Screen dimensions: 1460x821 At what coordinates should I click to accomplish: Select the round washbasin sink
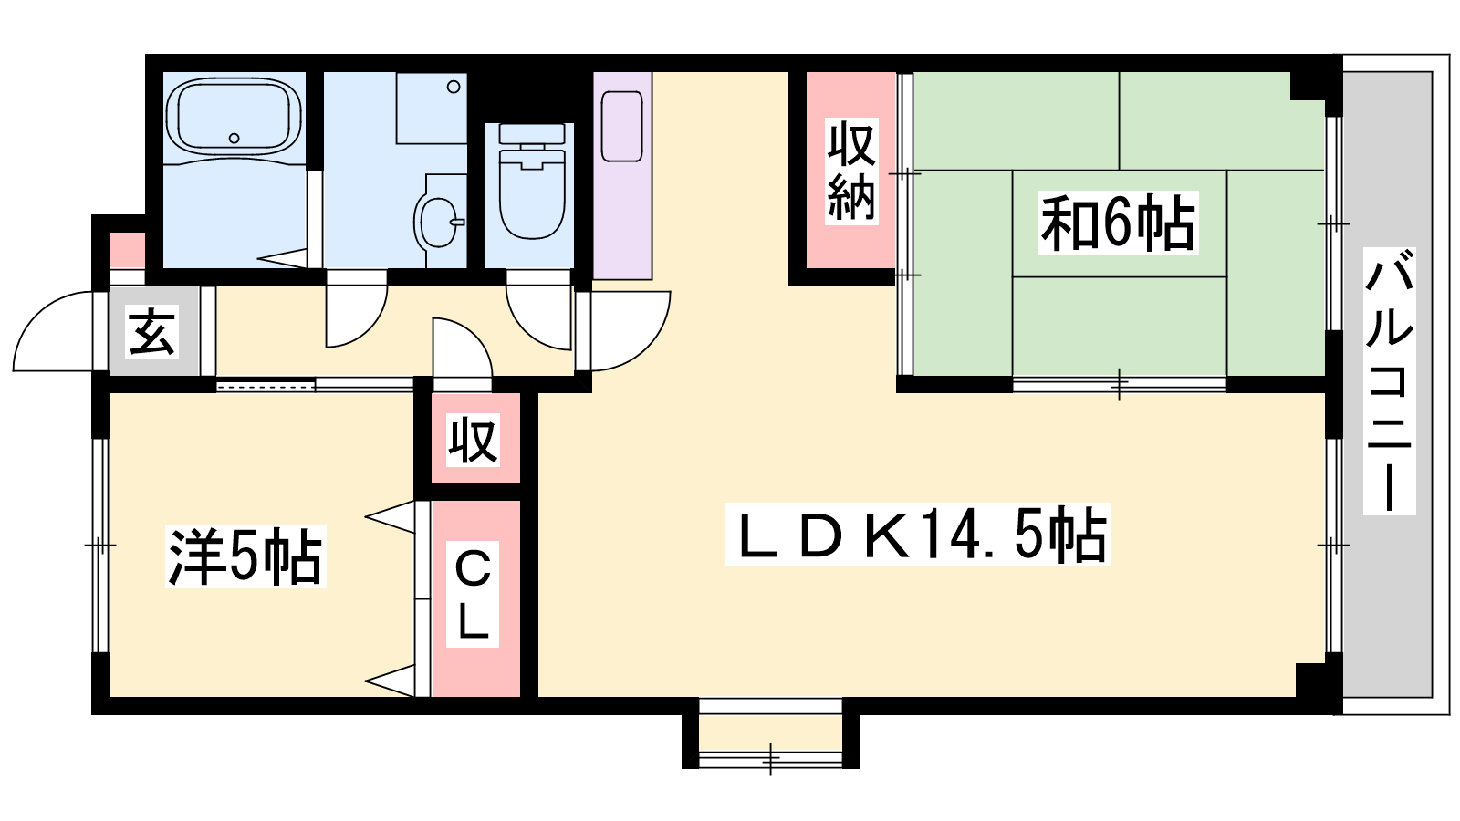438,222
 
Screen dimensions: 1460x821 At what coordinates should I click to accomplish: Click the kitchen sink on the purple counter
621,127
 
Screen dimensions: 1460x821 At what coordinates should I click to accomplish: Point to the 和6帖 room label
1118,223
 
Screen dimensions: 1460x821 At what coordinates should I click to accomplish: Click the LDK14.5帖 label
917,535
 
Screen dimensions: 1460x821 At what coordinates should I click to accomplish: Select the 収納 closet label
850,171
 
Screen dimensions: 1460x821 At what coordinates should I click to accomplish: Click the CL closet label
472,594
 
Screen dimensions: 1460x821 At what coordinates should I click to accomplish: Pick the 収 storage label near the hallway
473,440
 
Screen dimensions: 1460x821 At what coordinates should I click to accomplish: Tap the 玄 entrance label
152,332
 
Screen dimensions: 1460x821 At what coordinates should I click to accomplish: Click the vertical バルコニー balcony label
1389,381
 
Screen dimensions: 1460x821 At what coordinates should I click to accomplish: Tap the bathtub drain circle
234,138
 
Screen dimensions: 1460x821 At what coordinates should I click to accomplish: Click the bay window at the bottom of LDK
770,733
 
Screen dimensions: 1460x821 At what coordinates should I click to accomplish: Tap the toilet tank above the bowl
532,133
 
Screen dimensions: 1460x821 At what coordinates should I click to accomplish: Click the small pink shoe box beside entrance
127,250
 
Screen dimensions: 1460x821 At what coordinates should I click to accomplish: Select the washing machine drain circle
454,87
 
